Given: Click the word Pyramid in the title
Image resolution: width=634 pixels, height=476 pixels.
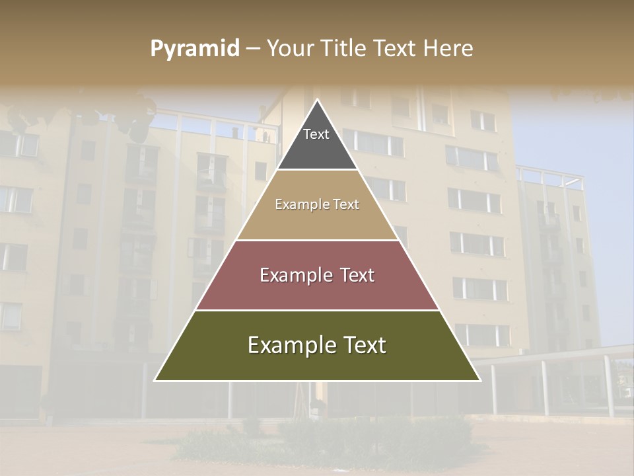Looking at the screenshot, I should tap(194, 49).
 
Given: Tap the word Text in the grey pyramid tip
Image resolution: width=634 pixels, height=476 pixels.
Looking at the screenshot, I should tap(316, 134).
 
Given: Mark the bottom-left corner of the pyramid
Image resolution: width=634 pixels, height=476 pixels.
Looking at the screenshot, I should tap(155, 380).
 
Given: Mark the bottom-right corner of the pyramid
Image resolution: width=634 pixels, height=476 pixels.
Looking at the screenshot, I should tap(479, 380).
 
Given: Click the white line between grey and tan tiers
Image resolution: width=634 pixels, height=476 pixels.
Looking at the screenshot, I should tap(317, 170).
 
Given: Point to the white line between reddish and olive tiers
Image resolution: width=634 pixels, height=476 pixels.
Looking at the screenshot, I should tap(317, 310).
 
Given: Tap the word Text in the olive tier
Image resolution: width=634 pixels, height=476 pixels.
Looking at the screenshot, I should tap(362, 345).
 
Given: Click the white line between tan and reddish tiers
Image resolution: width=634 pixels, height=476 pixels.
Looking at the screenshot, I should tap(317, 240).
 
